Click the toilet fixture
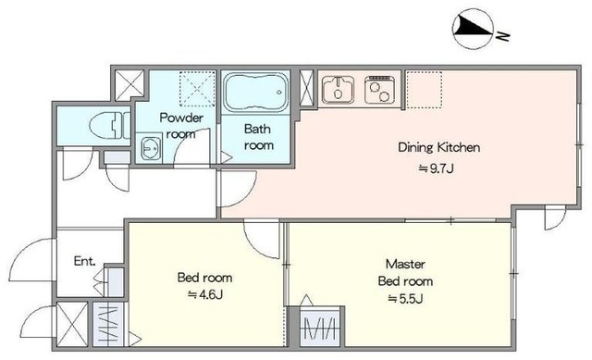(110, 125)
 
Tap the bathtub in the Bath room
(256, 93)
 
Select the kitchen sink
(338, 89)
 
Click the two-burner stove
(379, 89)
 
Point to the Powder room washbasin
(150, 148)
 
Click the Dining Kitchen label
(439, 147)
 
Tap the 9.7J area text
(436, 168)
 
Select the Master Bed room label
(405, 272)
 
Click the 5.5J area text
(405, 299)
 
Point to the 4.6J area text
(205, 294)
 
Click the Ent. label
(84, 261)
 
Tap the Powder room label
(181, 126)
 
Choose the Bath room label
(258, 137)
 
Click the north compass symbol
(474, 29)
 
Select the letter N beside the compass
(503, 36)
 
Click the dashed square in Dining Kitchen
(425, 90)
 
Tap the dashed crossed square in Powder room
(197, 90)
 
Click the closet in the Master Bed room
(319, 327)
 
